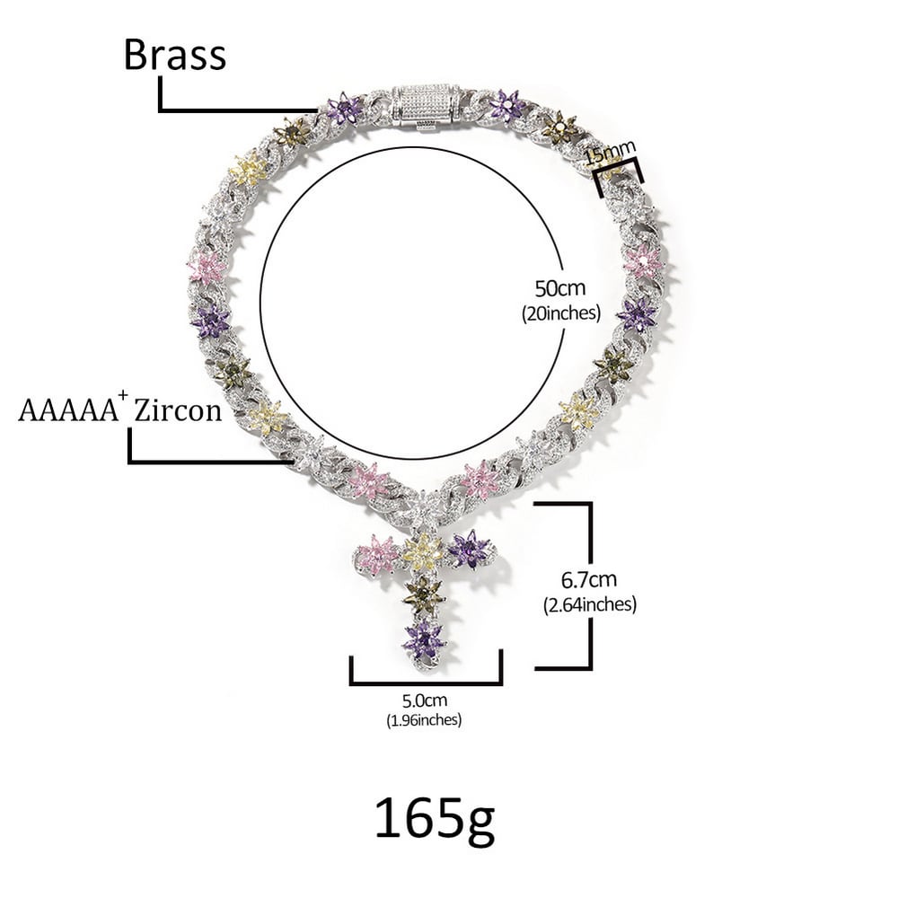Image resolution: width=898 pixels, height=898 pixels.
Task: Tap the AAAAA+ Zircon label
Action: pyautogui.click(x=119, y=409)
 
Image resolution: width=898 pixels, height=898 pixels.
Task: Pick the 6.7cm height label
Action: pyautogui.click(x=589, y=580)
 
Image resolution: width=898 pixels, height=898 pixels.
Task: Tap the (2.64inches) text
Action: pyautogui.click(x=590, y=604)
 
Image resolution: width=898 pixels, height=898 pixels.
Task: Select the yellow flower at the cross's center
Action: pyautogui.click(x=421, y=551)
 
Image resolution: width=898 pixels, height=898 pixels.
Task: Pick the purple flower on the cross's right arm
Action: pyautogui.click(x=468, y=549)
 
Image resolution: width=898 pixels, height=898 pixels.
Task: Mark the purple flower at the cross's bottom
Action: pyautogui.click(x=423, y=639)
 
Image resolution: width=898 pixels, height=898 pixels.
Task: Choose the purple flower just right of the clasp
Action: pyautogui.click(x=507, y=106)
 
